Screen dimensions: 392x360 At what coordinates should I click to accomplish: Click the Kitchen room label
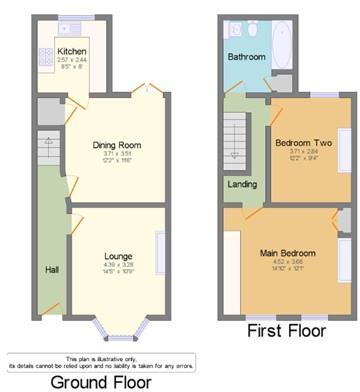70,50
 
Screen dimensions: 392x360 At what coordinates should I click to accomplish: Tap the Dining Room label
116,146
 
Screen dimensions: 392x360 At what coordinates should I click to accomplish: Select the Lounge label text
118,257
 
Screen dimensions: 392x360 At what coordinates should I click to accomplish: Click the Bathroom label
246,58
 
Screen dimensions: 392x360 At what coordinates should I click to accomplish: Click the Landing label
241,185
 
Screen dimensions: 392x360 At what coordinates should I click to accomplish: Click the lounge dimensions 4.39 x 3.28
118,265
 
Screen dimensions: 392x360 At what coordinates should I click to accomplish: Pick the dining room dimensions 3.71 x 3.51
117,154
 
